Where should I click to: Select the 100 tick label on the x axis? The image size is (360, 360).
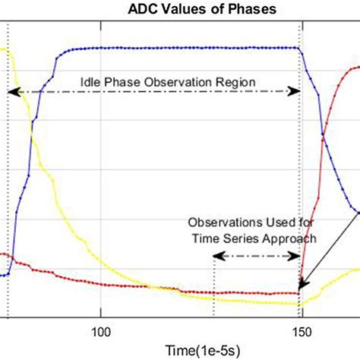click(x=100, y=332)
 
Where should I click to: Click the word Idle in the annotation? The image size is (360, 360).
click(x=92, y=81)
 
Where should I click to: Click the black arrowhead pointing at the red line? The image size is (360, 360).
click(x=302, y=287)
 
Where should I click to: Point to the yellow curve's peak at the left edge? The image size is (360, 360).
click(x=4, y=50)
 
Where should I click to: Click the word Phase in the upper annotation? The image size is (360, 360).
click(x=128, y=81)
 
